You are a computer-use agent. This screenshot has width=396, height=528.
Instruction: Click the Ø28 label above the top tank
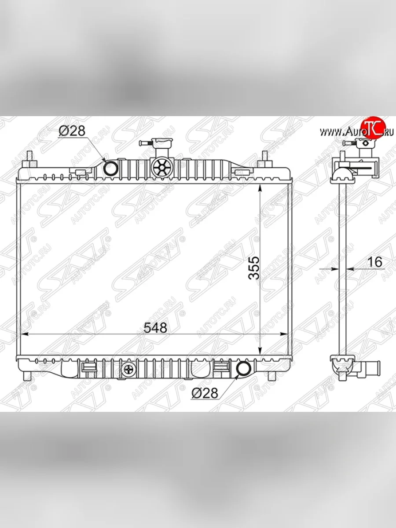point(72,130)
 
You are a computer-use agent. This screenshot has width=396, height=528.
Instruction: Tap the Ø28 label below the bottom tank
point(204,393)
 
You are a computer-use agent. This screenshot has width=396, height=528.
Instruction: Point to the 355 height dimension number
point(254,268)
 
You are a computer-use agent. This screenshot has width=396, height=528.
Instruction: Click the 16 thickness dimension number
point(375,262)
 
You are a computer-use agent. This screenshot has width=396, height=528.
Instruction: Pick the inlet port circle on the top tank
point(110,168)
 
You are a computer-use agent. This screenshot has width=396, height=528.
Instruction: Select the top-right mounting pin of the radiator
point(265,158)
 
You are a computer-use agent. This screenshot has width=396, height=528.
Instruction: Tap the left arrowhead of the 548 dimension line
point(25,335)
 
